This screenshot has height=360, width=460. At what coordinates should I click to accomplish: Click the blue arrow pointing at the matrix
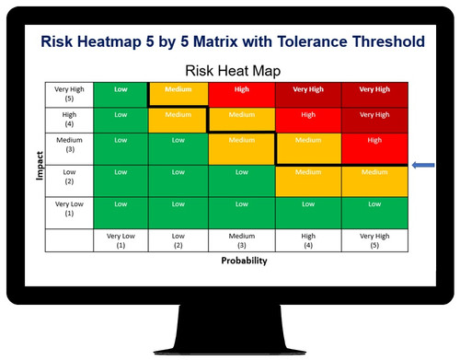coord(425,166)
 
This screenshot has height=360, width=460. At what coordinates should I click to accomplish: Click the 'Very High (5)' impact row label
coord(69,96)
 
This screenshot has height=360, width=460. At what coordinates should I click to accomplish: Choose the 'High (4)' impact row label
coord(69,120)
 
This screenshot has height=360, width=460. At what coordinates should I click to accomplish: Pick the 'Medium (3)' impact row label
coord(69,147)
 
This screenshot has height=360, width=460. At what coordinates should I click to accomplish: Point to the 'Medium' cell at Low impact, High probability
coord(308,171)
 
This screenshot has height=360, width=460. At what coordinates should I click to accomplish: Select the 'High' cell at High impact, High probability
coord(308,116)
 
